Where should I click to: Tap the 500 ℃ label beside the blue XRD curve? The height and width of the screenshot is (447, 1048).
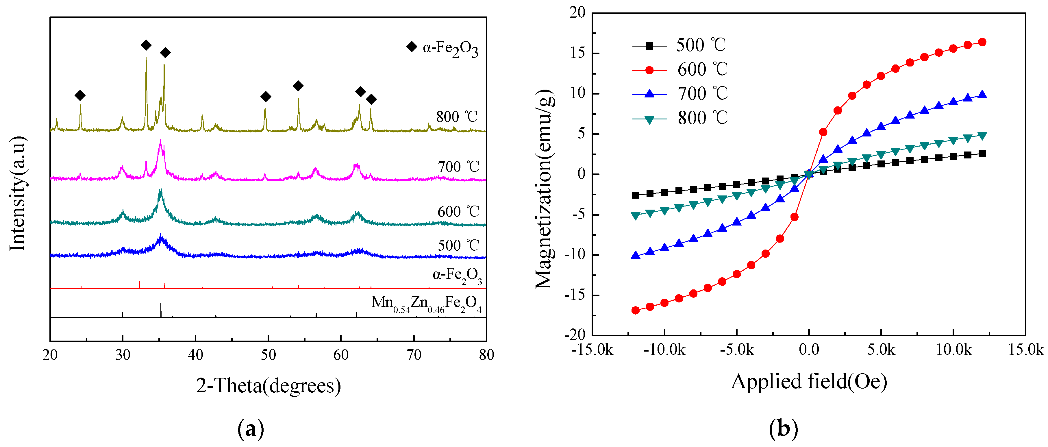[458, 245]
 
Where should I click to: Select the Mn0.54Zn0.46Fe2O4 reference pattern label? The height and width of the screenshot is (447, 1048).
[426, 303]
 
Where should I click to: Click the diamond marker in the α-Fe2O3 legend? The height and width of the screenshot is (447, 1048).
[412, 47]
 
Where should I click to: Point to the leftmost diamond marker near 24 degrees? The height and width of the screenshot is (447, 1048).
[80, 96]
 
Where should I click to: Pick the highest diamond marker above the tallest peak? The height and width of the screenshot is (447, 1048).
[146, 45]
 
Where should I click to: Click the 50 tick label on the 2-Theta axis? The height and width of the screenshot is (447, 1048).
[268, 355]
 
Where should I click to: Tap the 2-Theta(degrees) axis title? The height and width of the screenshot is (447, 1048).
[269, 385]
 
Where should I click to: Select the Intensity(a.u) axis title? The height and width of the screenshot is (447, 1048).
[18, 194]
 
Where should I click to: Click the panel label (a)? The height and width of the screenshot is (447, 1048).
[251, 429]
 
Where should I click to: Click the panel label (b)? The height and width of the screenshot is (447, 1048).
[783, 429]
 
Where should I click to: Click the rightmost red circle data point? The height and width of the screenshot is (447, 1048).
[982, 42]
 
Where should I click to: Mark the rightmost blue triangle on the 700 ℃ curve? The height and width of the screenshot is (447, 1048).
[982, 95]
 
